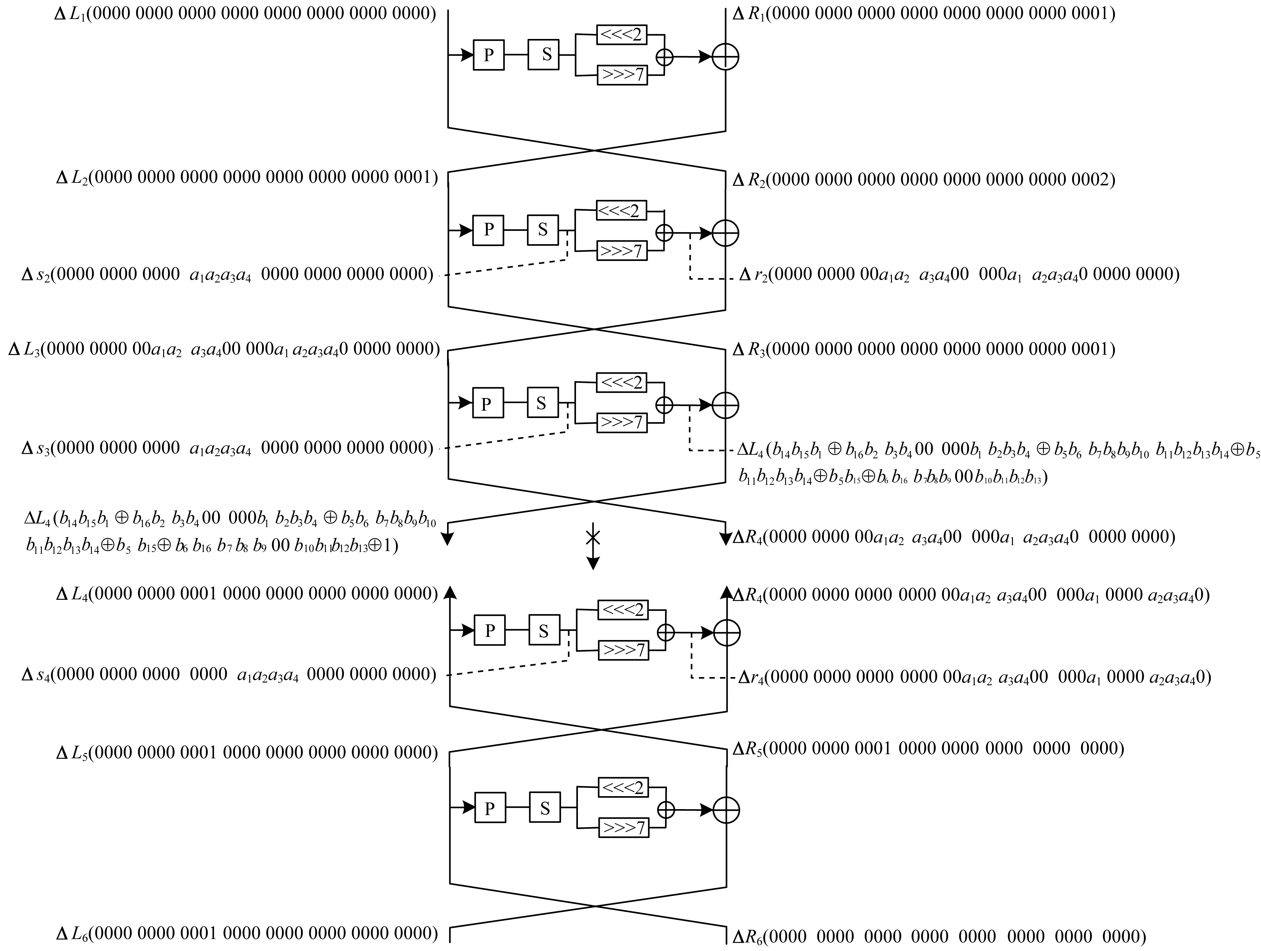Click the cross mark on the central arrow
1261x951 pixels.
pyautogui.click(x=593, y=537)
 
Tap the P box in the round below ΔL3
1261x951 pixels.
pyautogui.click(x=487, y=403)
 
